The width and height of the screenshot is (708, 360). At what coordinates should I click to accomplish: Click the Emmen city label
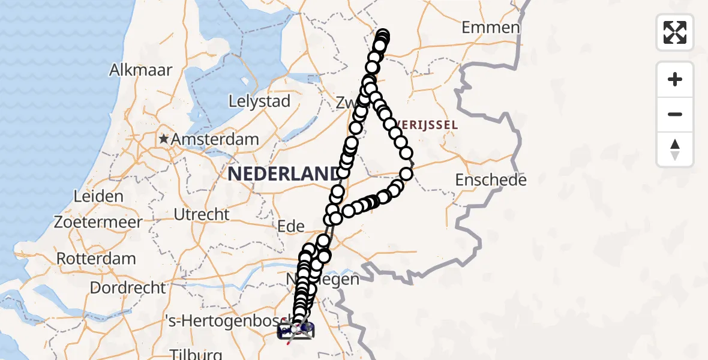coord(490,28)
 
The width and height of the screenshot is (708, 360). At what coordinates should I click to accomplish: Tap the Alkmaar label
coord(140,70)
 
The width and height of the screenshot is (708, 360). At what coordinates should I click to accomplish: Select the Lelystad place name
coord(260,101)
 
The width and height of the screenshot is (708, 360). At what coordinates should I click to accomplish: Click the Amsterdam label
coord(215,139)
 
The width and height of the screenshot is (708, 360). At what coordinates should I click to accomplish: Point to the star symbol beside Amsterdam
coord(163,139)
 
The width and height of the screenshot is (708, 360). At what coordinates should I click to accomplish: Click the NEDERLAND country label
coord(282,174)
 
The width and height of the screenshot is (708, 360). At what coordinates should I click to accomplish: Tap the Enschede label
coord(491,180)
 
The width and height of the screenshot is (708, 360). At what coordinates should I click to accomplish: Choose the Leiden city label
coord(98,196)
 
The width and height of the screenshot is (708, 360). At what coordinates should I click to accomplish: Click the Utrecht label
coord(201,214)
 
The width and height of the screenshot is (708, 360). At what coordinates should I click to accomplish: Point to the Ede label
coord(291,227)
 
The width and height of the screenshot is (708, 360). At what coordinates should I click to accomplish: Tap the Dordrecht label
coord(127,287)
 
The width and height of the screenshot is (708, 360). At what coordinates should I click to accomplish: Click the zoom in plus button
coord(675,79)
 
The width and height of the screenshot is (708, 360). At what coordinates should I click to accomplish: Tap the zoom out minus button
coord(675,114)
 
